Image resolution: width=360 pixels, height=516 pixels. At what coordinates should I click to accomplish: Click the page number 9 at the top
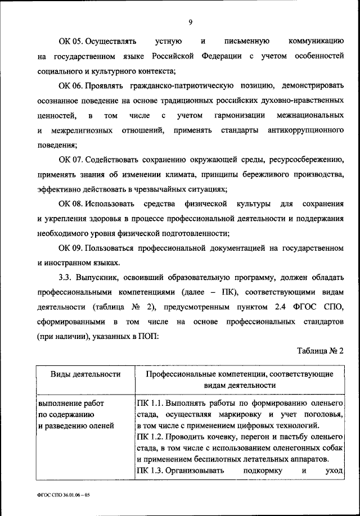pos(191,22)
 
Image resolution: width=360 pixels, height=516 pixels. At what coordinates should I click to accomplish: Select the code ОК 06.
pos(71,85)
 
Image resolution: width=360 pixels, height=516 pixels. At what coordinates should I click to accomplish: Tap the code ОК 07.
pos(71,159)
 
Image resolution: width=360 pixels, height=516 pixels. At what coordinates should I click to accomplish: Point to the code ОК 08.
pos(71,203)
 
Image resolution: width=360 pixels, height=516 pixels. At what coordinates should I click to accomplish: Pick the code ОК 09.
pos(71,247)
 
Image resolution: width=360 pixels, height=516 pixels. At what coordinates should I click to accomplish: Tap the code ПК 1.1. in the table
pos(149,404)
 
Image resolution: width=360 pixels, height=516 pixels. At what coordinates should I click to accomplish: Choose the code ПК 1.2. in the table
pos(149,437)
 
